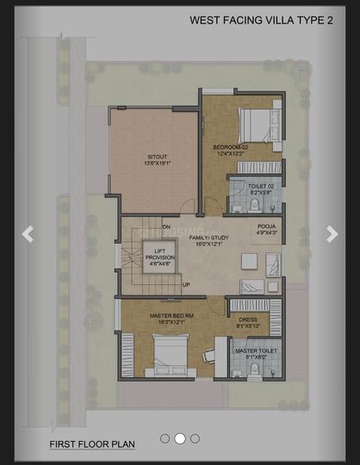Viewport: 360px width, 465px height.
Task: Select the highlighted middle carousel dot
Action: coord(180,438)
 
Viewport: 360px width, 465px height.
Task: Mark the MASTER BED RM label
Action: coord(171,316)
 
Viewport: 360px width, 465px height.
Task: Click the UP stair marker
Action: coord(186,285)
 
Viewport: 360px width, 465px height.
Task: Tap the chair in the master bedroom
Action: coord(209,354)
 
